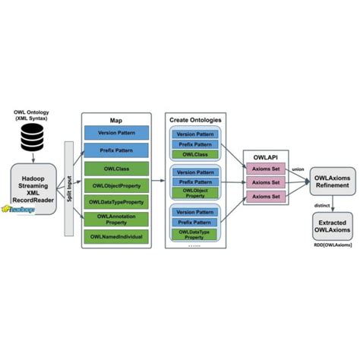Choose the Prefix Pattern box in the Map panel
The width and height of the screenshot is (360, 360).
115,149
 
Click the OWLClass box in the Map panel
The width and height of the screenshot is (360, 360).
115,169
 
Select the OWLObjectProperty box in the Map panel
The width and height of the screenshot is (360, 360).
115,185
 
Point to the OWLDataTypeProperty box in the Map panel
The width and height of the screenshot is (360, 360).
115,202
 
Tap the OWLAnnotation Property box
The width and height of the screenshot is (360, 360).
115,219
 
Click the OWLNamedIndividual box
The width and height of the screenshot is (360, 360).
115,238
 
